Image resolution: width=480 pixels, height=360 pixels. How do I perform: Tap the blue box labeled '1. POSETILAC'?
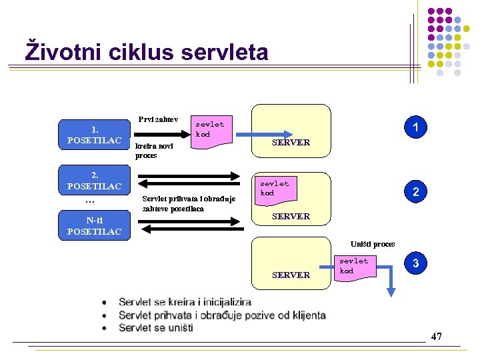point(94,135)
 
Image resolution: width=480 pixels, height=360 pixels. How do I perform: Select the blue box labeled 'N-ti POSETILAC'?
point(94,226)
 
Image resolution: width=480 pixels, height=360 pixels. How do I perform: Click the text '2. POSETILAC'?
point(94,181)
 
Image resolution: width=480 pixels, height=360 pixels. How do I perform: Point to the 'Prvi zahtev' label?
point(158,119)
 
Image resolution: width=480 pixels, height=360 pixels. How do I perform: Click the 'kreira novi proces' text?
point(155,151)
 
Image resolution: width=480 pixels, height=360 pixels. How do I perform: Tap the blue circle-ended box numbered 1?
point(415,127)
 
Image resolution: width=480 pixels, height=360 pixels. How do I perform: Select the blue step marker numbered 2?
point(415,192)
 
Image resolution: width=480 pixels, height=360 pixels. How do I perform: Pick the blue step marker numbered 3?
point(415,263)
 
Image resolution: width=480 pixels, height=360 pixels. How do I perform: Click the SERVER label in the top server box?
point(291,142)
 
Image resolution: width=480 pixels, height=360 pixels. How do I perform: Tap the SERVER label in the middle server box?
point(291,216)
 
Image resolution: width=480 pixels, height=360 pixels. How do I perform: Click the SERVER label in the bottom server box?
point(291,275)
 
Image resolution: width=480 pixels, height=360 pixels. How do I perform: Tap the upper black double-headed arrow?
point(190,177)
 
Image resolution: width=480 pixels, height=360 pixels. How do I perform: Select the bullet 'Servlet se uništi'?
point(155,328)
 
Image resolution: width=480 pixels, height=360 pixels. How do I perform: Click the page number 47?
point(436,336)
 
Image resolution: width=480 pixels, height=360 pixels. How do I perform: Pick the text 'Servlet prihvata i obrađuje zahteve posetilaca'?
point(189,203)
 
